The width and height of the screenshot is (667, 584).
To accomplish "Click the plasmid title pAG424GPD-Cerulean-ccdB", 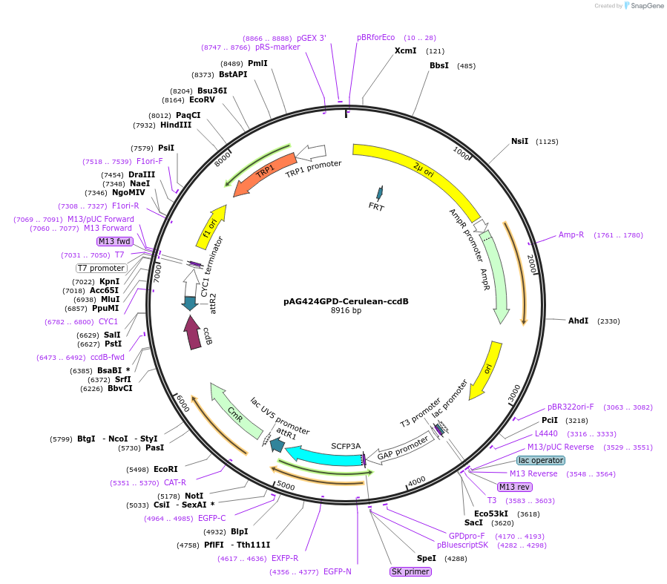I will (x=346, y=301).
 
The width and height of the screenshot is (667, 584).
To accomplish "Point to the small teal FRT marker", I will (x=380, y=194).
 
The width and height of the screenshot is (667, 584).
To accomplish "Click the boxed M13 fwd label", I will (x=114, y=241).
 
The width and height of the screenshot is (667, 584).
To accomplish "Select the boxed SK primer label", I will (x=410, y=571).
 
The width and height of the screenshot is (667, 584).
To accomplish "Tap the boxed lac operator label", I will (x=540, y=460).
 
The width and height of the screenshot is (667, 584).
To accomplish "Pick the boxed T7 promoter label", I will (x=102, y=268).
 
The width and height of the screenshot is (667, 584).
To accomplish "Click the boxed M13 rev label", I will (x=515, y=487).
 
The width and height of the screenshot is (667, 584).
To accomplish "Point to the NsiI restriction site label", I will (x=520, y=141).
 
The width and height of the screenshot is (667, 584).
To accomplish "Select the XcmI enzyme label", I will (x=405, y=51).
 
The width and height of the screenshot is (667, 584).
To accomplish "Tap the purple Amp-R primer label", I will (x=571, y=234).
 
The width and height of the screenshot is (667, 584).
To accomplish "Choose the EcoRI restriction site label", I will (x=165, y=469).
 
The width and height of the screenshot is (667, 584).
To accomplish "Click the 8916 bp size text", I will (x=346, y=311).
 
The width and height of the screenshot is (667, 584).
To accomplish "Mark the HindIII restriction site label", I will (x=176, y=125).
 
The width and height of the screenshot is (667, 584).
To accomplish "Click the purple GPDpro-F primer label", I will (x=467, y=535).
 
